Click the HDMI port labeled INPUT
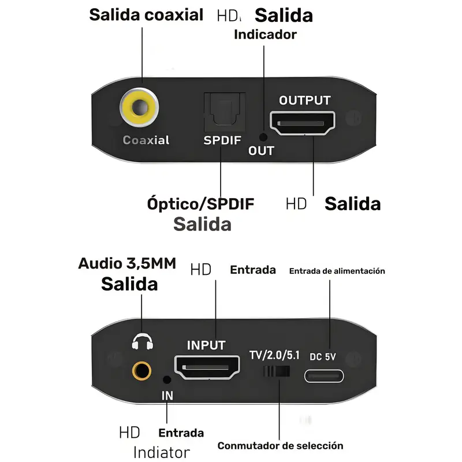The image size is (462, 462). coord(207,367)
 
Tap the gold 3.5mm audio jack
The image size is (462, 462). coord(141,370)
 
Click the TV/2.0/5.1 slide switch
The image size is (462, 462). coord(275,371)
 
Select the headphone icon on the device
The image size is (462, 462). coord(141,342)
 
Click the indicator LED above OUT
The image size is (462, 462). coord(263,137)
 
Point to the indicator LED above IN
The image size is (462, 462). coord(167,379)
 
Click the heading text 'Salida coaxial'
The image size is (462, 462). coord(146,15)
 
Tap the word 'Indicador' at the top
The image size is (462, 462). coord(265,34)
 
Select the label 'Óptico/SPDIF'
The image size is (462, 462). coord(200,204)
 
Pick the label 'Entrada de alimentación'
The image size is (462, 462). coord(337,270)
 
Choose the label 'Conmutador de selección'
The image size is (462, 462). coord(280,445)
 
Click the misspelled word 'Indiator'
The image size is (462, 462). coord(161,452)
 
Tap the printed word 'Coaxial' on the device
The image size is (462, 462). coord(146,140)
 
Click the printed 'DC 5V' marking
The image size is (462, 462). coord(323,356)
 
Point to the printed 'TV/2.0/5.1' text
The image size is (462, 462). coord(274,354)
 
